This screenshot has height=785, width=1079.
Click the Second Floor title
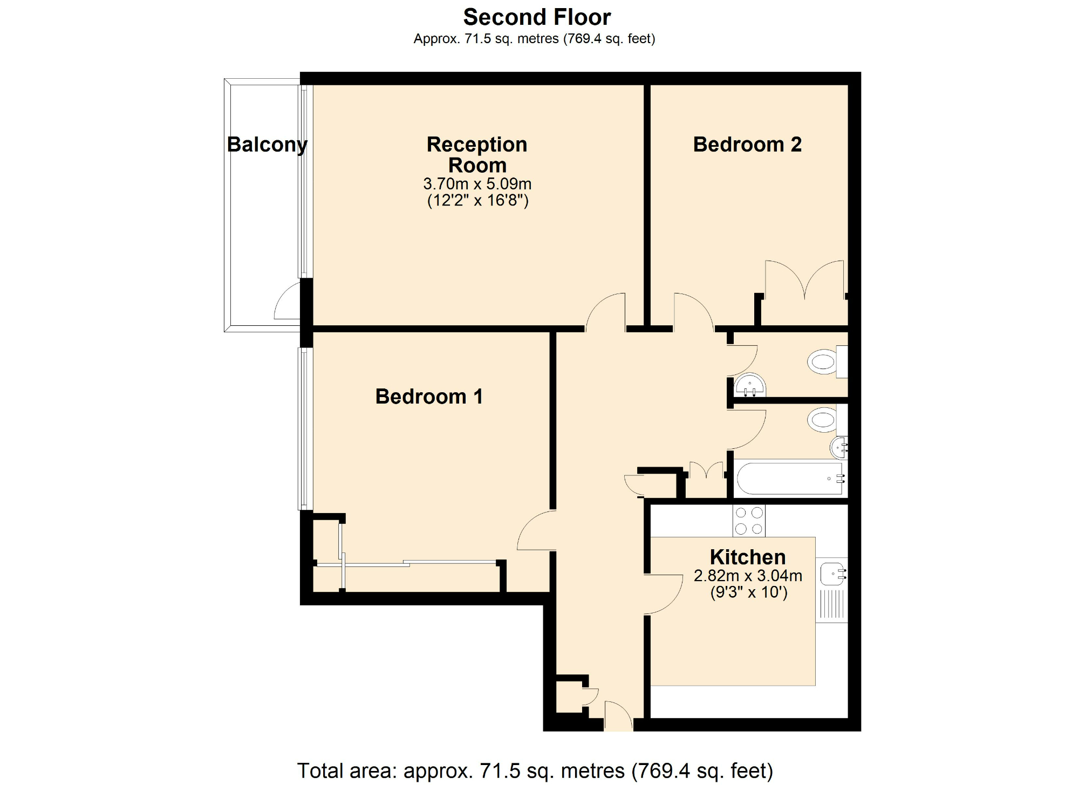point(537,17)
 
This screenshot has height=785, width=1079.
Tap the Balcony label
point(267,145)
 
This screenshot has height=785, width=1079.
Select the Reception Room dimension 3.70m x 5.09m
point(477,184)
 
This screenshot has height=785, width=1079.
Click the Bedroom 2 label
point(747,145)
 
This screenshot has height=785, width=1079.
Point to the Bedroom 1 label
point(429,397)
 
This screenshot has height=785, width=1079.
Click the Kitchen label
point(748,557)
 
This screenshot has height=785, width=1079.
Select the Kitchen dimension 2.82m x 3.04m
point(748,576)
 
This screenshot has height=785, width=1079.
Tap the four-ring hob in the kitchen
point(749,521)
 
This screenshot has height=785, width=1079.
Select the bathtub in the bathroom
point(789,478)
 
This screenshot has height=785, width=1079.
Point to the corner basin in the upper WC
point(750,386)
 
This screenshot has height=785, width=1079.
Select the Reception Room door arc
point(604,311)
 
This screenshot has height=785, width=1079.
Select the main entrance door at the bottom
point(618,716)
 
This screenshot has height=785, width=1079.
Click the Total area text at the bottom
point(535,770)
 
